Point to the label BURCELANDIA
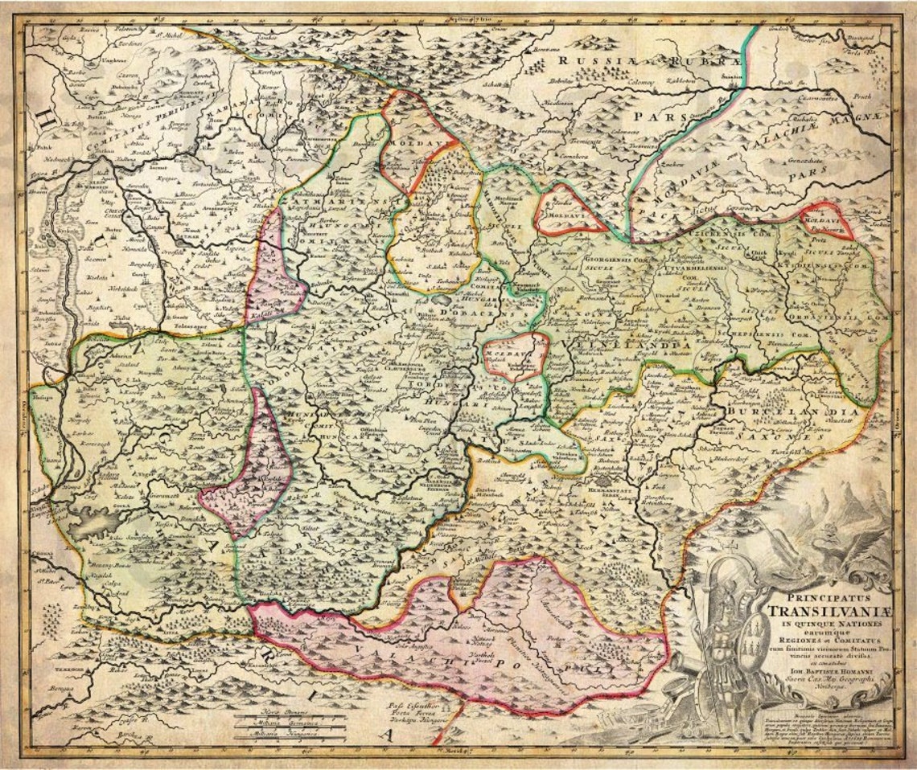tap(780, 412)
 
